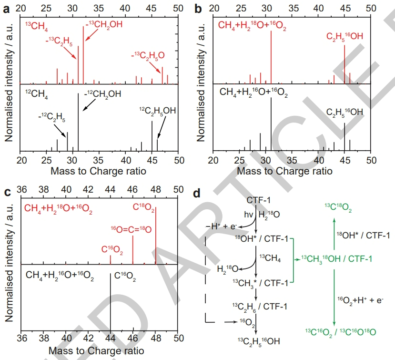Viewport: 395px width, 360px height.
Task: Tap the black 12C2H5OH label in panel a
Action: point(157,111)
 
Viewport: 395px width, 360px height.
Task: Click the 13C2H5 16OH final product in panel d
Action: point(258,341)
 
